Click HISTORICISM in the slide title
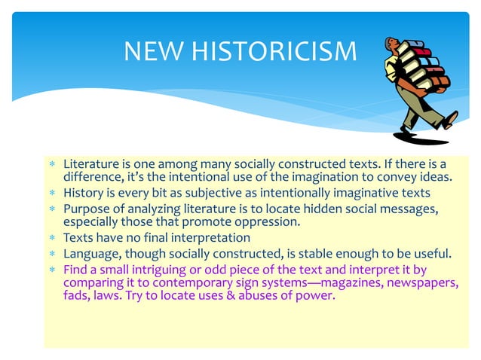point(274,50)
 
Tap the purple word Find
point(76,268)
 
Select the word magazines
point(355,282)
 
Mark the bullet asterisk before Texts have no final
point(51,238)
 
